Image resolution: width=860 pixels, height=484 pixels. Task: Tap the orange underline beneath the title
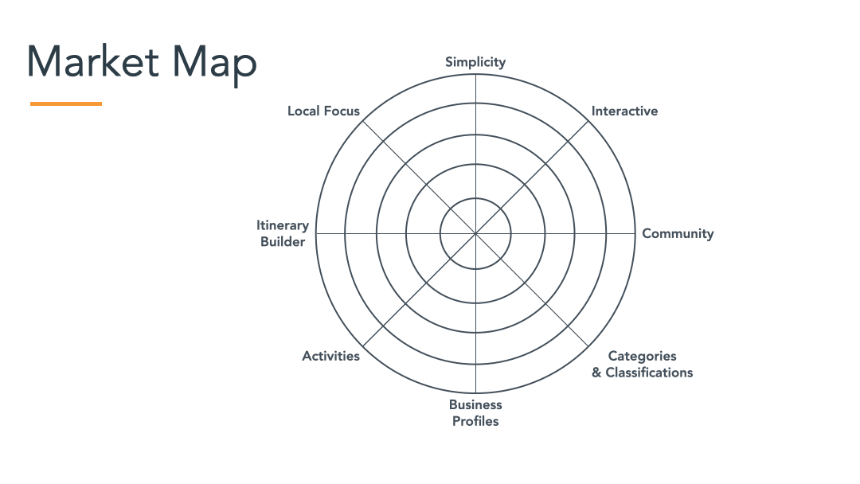(x=66, y=103)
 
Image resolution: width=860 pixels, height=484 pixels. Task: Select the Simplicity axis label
(x=475, y=62)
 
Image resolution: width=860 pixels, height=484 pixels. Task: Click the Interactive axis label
(x=624, y=111)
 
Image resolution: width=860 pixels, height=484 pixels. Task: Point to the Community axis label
(x=678, y=233)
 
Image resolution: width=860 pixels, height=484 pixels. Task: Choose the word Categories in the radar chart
(x=642, y=356)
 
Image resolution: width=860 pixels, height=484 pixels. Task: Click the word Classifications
(x=649, y=373)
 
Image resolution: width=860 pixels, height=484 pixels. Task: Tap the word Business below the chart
(x=475, y=404)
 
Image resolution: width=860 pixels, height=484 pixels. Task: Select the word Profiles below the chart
(x=475, y=421)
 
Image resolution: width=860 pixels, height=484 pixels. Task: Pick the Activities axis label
(x=330, y=356)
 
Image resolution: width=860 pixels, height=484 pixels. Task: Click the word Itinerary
(x=283, y=225)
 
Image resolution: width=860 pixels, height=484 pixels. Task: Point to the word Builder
(x=283, y=242)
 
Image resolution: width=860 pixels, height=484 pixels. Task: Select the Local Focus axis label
(x=323, y=111)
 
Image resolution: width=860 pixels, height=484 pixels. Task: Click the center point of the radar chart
(x=475, y=234)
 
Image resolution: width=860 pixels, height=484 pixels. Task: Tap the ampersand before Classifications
(x=596, y=373)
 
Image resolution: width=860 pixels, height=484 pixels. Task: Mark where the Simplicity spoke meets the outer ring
(x=475, y=74)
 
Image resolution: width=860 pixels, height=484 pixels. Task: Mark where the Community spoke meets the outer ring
(x=635, y=234)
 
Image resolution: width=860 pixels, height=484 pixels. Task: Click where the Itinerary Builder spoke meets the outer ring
(x=315, y=234)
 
